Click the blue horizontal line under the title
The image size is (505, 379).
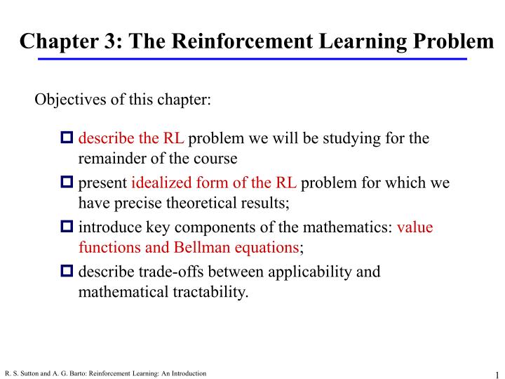(x=252, y=59)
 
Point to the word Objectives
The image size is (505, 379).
(x=66, y=98)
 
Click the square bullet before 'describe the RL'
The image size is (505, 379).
(x=67, y=138)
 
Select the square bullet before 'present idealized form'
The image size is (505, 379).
(x=67, y=184)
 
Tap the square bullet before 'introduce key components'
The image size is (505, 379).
(x=67, y=229)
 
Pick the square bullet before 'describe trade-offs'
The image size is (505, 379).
(x=67, y=272)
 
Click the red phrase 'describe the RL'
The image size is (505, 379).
(x=130, y=138)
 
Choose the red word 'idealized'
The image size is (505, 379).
(x=159, y=184)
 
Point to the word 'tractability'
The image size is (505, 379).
(x=210, y=291)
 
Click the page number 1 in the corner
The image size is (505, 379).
(x=496, y=373)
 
